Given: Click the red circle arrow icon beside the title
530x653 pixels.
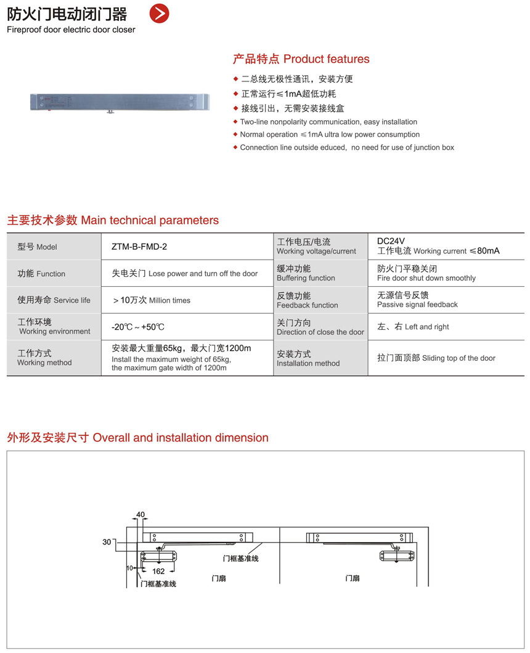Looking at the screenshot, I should click(160, 14).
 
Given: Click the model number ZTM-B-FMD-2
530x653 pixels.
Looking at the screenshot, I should click(139, 247).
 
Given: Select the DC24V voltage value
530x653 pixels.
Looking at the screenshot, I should click(391, 241).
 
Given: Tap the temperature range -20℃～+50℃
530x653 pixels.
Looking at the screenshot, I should click(138, 327).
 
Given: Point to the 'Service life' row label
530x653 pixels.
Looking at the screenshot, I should click(54, 300).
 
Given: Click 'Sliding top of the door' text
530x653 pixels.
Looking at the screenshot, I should click(436, 358).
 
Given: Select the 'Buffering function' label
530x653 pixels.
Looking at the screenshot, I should click(306, 278).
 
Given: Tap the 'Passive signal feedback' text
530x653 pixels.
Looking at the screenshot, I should click(417, 305).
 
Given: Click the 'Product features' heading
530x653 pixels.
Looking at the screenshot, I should click(301, 59).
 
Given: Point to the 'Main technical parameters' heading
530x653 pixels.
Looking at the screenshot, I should click(113, 220).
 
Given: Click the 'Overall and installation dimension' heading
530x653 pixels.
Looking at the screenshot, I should click(137, 438).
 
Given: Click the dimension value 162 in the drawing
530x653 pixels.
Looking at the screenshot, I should click(158, 571).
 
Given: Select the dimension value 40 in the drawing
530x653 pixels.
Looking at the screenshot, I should click(141, 514).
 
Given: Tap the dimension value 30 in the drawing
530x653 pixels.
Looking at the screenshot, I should click(107, 542).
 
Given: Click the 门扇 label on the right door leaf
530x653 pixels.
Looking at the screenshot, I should click(353, 578).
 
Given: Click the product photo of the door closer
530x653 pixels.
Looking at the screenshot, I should click(120, 102).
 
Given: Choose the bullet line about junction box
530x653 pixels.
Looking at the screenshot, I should click(347, 147).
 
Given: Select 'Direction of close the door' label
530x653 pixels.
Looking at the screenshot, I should click(320, 332).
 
